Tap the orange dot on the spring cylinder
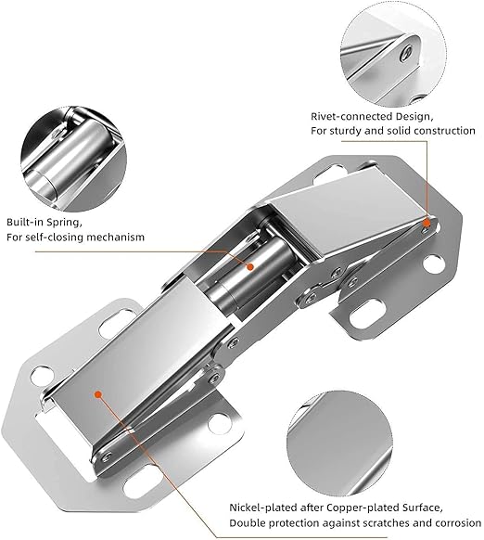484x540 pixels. click(x=250, y=266)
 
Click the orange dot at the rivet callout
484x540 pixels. click(x=427, y=224)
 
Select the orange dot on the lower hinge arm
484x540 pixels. click(x=98, y=394)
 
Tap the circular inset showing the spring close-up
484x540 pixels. click(x=73, y=159)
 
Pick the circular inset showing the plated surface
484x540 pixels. click(x=339, y=444)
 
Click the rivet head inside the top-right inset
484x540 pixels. click(x=408, y=53)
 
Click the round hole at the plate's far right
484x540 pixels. click(x=433, y=264)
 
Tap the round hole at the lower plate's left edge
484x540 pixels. click(x=42, y=376)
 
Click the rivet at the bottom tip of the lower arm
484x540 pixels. click(x=107, y=457)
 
